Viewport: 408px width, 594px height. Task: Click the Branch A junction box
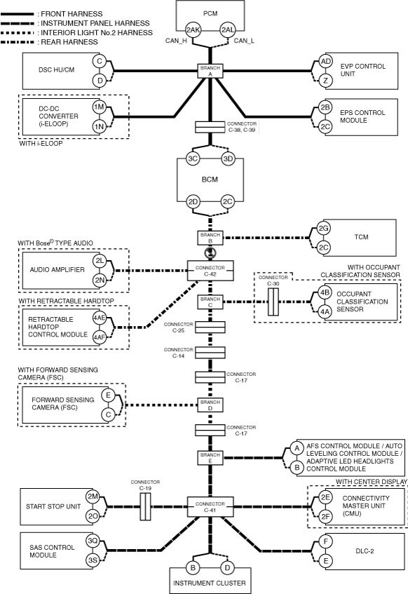click(210, 71)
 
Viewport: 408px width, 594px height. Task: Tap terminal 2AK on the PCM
click(193, 30)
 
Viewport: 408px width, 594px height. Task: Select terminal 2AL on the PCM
click(228, 30)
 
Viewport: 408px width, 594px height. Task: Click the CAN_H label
click(176, 41)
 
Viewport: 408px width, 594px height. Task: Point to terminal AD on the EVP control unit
click(325, 62)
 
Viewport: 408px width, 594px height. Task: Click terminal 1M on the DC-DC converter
click(100, 107)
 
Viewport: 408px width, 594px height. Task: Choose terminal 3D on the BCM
click(228, 158)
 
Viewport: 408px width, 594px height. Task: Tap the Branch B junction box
click(210, 238)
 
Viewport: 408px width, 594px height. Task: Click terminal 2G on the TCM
click(323, 229)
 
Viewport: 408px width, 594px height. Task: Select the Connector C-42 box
click(210, 271)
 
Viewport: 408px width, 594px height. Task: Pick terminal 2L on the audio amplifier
click(100, 261)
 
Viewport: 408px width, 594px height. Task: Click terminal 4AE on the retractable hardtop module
click(100, 318)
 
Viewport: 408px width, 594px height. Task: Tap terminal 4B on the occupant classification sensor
click(325, 292)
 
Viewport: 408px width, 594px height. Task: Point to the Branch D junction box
click(210, 405)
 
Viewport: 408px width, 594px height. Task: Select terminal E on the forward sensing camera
click(108, 396)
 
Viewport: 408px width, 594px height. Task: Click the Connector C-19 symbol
click(146, 506)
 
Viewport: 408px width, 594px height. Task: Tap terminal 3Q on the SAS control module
click(93, 541)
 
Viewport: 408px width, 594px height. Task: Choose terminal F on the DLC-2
click(326, 541)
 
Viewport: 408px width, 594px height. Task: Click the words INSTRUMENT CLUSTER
click(210, 583)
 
